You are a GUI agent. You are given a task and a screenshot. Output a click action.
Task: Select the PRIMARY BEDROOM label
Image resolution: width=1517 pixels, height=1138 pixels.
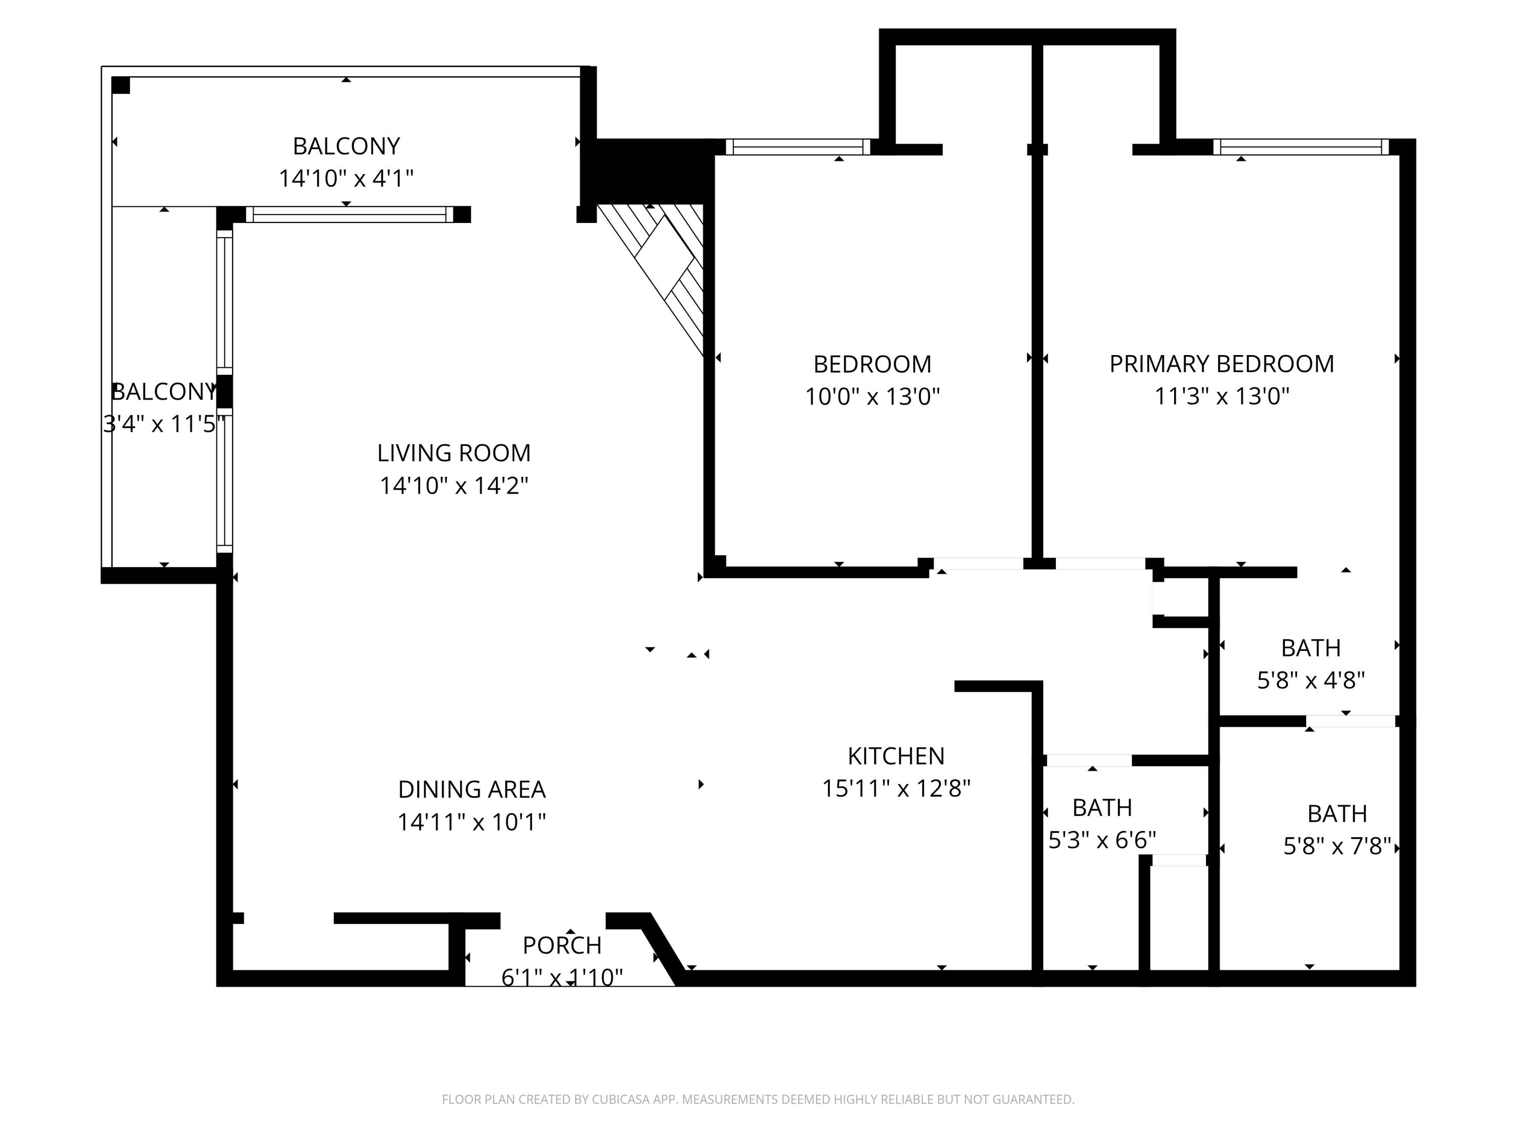(1221, 364)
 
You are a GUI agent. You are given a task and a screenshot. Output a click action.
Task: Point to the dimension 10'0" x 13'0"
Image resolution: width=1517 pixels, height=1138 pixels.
(872, 397)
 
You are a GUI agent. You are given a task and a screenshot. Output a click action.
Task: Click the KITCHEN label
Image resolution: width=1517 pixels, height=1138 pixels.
(896, 756)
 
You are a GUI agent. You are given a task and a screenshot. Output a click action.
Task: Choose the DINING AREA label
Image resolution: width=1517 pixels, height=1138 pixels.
(472, 790)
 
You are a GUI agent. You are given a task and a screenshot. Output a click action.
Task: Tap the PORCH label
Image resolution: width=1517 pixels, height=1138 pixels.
(562, 945)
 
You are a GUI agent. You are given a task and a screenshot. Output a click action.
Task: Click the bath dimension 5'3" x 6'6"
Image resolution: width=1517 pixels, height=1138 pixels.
(1101, 840)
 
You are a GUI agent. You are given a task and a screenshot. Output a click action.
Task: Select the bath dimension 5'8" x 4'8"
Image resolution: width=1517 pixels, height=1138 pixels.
(1311, 680)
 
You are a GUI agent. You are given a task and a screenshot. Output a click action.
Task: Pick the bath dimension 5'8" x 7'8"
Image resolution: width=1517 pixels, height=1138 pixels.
(1336, 847)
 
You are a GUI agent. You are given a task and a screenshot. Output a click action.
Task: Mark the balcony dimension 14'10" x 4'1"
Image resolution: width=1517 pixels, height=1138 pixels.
(346, 179)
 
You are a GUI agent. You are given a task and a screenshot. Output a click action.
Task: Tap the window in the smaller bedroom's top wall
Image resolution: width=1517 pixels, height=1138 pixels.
(797, 147)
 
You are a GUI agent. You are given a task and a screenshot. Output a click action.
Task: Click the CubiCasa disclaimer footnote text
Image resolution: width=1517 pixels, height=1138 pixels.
(758, 1100)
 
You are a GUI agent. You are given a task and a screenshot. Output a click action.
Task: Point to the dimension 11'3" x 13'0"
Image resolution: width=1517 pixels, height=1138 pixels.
(1221, 397)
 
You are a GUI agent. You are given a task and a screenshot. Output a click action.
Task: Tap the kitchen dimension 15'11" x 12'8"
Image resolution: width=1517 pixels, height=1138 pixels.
(896, 789)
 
